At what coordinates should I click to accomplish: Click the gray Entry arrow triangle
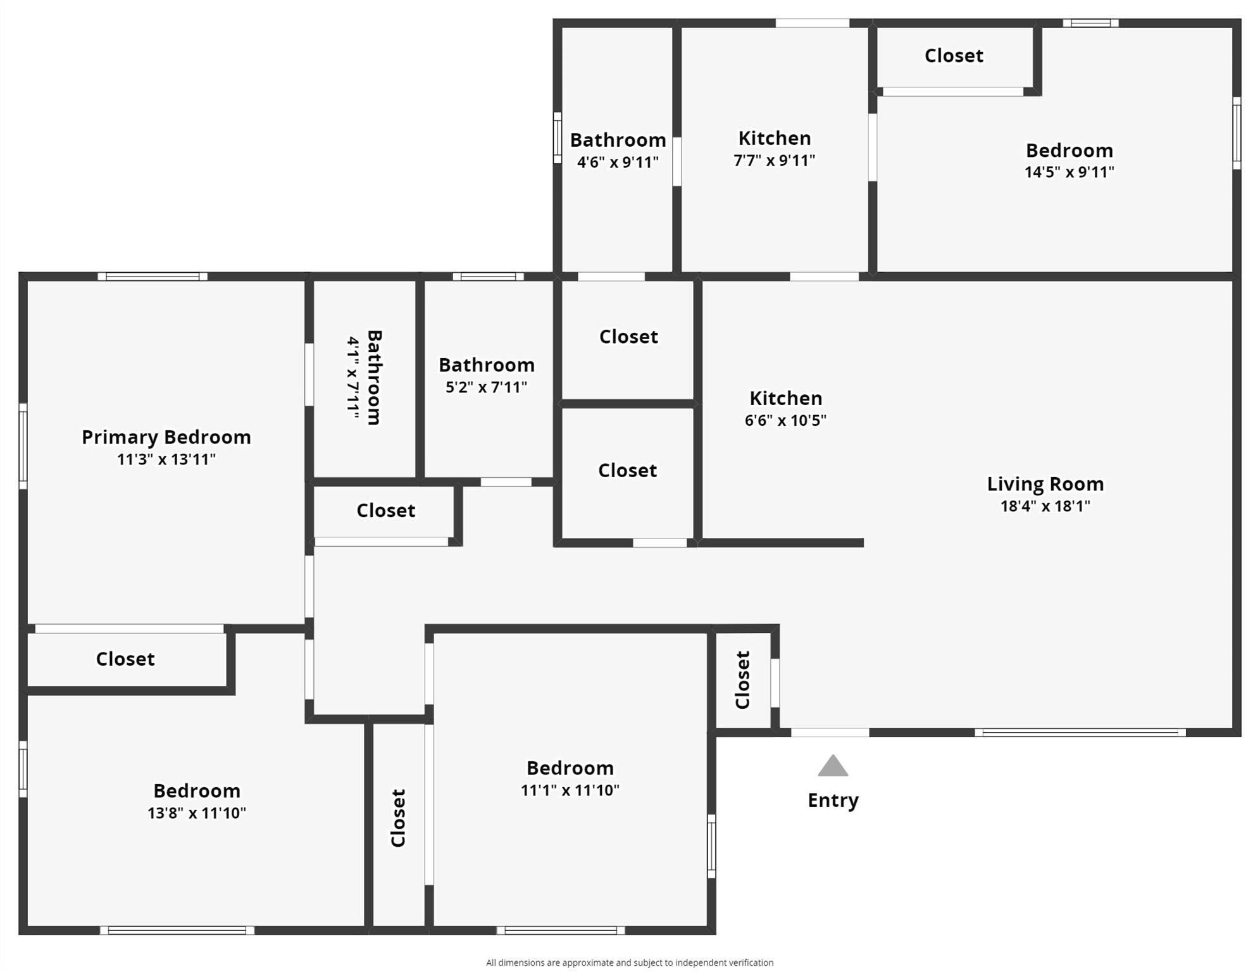click(x=832, y=766)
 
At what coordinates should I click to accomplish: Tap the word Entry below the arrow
click(x=833, y=800)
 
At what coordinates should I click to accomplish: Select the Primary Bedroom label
click(x=166, y=437)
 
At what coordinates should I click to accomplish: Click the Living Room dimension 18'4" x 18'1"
click(x=1045, y=506)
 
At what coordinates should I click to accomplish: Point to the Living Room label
click(x=1045, y=484)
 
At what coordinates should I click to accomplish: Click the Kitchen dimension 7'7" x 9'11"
click(x=775, y=160)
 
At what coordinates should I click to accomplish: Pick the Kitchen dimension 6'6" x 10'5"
click(x=785, y=420)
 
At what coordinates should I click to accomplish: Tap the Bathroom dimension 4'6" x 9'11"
click(x=618, y=162)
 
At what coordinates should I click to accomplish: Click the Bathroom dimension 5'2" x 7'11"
click(x=486, y=387)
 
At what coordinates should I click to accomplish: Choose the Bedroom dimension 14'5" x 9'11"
click(x=1070, y=171)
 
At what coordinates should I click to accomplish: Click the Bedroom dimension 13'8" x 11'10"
click(x=197, y=813)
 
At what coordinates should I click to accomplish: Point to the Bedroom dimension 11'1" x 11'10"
click(x=570, y=790)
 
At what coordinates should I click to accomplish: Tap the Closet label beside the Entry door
click(x=743, y=680)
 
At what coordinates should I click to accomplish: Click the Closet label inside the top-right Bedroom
click(x=954, y=55)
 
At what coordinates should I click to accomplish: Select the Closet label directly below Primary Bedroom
click(x=125, y=659)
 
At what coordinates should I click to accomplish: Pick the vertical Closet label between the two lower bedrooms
click(x=398, y=818)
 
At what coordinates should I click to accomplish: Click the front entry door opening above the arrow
click(x=830, y=732)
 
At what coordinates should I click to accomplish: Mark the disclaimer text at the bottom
click(x=630, y=963)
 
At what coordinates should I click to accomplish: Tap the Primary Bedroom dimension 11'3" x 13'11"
click(x=166, y=459)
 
